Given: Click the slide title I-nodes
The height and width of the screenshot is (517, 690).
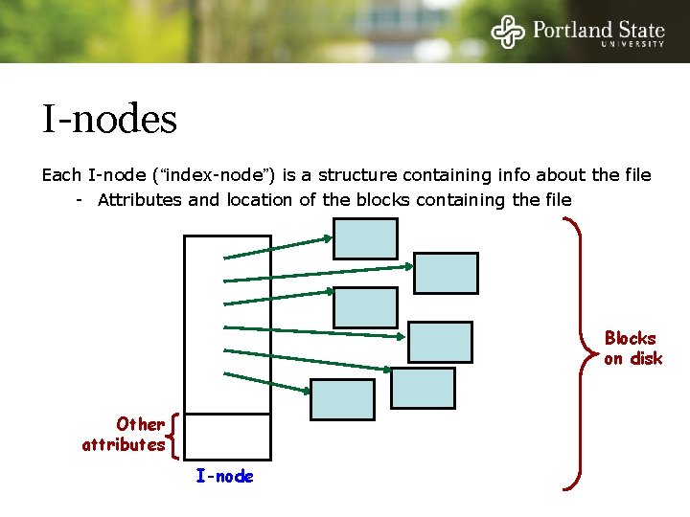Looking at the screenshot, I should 109,120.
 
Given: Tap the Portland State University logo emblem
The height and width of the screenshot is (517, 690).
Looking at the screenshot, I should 509,32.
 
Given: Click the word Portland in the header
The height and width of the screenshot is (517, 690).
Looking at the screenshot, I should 570,29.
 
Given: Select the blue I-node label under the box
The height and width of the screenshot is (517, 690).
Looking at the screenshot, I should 225,476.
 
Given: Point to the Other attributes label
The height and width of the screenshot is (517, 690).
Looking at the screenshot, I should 125,434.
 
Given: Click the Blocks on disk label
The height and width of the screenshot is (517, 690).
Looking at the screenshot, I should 632,348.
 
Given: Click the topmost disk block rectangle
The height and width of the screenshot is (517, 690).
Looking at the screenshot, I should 364,238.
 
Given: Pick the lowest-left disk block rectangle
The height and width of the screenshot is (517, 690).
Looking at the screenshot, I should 342,400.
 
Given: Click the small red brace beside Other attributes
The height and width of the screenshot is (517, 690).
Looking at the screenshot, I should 173,434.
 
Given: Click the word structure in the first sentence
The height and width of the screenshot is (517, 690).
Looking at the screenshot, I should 357,175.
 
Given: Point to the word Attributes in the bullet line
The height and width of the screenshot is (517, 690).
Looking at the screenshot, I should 141,200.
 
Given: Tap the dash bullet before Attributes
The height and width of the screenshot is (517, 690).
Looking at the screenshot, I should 81,200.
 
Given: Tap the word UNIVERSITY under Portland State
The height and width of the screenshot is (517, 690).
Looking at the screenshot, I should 632,44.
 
